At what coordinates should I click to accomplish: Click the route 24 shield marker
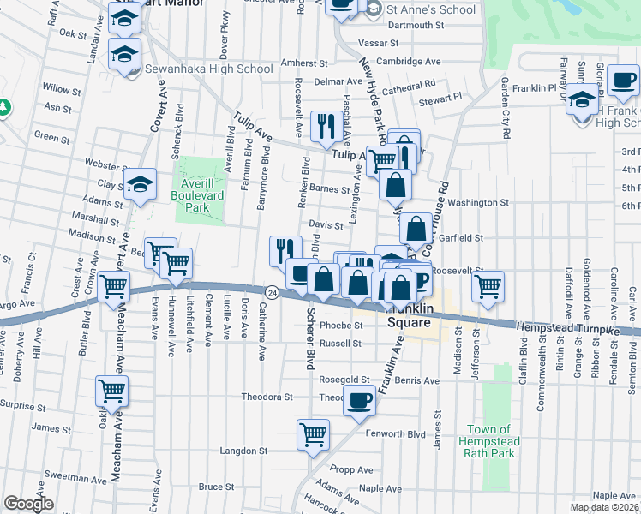click(270, 292)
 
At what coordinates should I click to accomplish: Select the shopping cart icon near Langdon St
click(314, 433)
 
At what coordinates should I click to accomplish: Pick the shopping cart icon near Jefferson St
click(488, 285)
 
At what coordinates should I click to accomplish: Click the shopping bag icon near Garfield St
click(416, 228)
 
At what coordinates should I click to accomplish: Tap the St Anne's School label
click(430, 9)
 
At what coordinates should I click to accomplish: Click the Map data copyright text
click(604, 507)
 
